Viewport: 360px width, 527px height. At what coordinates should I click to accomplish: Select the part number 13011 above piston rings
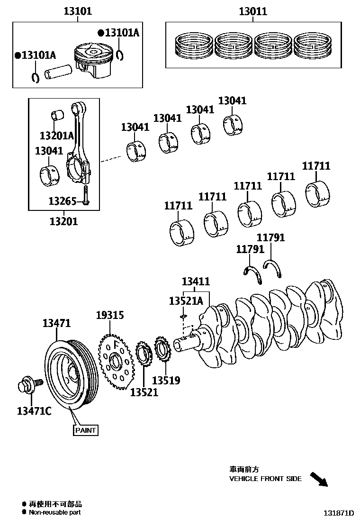[x=252, y=11]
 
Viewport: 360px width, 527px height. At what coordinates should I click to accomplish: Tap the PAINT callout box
[x=85, y=430]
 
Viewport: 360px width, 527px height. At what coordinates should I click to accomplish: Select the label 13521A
[x=186, y=300]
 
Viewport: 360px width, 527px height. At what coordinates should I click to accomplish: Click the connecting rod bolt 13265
[x=85, y=195]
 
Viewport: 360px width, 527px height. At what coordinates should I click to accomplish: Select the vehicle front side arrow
[x=319, y=479]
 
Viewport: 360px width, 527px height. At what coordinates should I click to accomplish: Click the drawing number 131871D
[x=339, y=513]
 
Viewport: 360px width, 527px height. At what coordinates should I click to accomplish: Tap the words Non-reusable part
[x=54, y=512]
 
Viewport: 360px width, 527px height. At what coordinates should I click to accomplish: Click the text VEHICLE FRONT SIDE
[x=265, y=479]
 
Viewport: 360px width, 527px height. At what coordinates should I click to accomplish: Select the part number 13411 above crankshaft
[x=195, y=282]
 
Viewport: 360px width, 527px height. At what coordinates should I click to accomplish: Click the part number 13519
[x=166, y=380]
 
